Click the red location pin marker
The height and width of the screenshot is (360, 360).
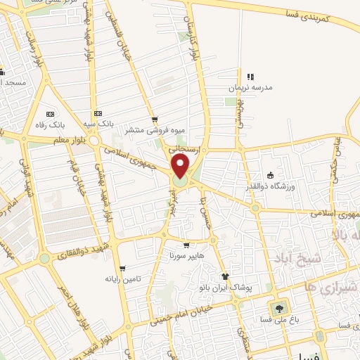tap(181, 167)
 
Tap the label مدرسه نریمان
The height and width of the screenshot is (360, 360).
tap(247, 89)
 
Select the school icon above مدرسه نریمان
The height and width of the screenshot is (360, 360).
tap(249, 77)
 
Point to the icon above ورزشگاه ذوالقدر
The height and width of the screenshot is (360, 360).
tap(270, 175)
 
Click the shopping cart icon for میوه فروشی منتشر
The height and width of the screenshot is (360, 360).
tap(154, 120)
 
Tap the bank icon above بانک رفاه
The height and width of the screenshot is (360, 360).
tap(49, 114)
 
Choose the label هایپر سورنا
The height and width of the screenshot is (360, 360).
tap(185, 256)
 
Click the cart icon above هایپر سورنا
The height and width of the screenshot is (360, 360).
tap(186, 245)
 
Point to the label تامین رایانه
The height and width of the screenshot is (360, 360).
tap(124, 279)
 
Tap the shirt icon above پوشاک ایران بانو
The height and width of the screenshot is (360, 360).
tap(225, 276)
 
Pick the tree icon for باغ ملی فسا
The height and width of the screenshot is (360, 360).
tap(279, 308)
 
